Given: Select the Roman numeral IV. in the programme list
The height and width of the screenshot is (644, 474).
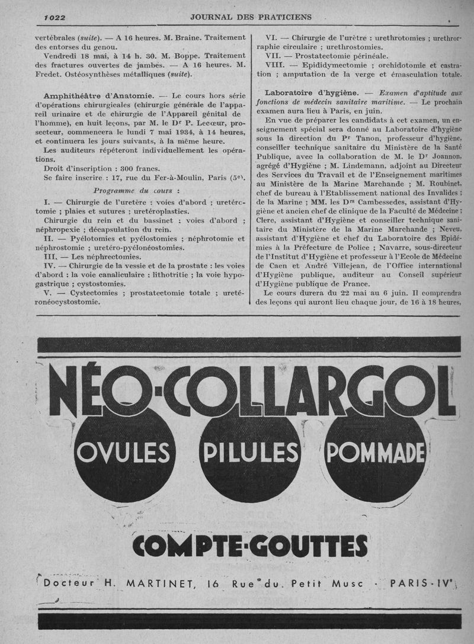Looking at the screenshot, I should coord(50,266).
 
